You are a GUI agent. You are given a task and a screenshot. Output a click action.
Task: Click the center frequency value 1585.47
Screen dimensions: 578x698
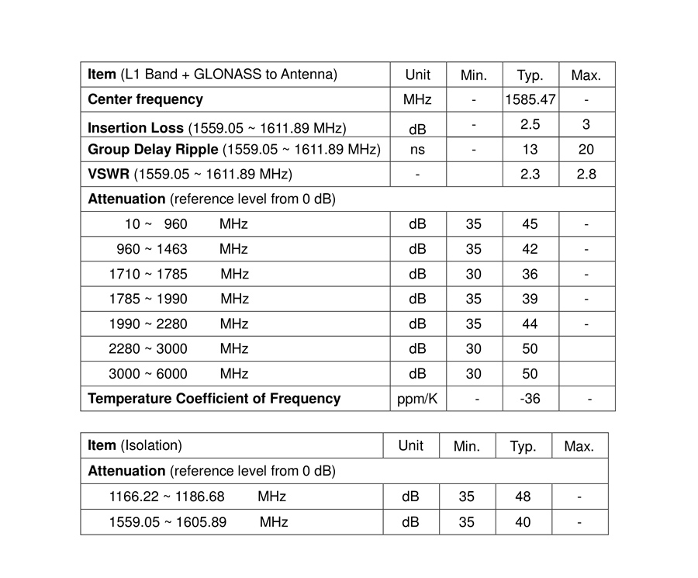(x=530, y=99)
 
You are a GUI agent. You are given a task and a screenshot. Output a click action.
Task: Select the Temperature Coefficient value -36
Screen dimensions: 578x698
(x=530, y=399)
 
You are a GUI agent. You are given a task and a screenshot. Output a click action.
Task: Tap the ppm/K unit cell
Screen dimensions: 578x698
(x=417, y=399)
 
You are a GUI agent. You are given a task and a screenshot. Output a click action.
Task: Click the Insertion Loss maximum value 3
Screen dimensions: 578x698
(x=586, y=124)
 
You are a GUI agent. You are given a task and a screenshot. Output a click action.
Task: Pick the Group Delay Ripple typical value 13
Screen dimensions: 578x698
(x=530, y=150)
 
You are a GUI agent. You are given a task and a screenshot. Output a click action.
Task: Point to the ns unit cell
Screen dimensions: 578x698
(x=417, y=150)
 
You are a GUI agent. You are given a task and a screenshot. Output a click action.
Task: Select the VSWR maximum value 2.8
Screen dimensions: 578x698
(x=586, y=175)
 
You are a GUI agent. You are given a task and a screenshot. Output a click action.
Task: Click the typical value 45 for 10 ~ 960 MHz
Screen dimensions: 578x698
(x=530, y=224)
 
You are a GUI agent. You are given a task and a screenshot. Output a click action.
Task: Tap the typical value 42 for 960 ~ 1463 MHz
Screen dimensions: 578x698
(x=530, y=249)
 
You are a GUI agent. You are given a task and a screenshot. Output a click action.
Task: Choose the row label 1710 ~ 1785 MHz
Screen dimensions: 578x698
(x=178, y=274)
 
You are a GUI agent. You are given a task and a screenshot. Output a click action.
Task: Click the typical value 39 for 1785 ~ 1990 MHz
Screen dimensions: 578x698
(x=530, y=299)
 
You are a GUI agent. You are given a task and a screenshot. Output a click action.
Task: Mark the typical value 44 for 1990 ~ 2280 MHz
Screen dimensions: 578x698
(x=530, y=324)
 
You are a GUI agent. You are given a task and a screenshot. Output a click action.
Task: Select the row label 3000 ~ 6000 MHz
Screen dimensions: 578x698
(x=178, y=374)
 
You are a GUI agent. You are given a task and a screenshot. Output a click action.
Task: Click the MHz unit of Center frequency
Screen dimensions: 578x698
(x=417, y=99)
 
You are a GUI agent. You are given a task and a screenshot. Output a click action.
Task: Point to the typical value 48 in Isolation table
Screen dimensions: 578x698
(x=523, y=497)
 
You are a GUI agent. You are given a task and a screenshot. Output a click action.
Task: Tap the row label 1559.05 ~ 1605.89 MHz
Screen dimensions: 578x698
(x=198, y=522)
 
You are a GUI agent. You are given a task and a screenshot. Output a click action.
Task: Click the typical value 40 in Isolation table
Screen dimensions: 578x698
(x=523, y=522)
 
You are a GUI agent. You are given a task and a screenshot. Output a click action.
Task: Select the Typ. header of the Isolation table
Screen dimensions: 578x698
(x=523, y=446)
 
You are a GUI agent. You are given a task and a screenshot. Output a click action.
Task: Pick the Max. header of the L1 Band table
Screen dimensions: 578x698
(x=586, y=75)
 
